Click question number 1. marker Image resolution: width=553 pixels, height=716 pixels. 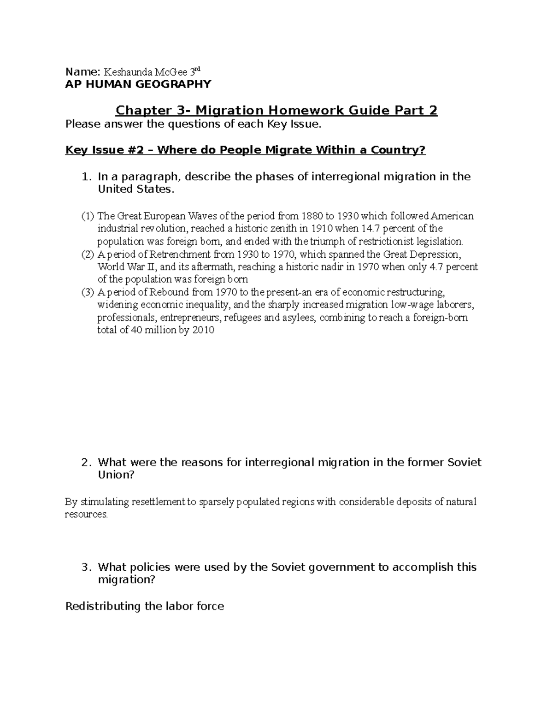pos(85,177)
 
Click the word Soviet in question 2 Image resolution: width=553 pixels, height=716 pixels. pos(465,462)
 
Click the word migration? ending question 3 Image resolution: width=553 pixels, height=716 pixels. pos(127,580)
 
